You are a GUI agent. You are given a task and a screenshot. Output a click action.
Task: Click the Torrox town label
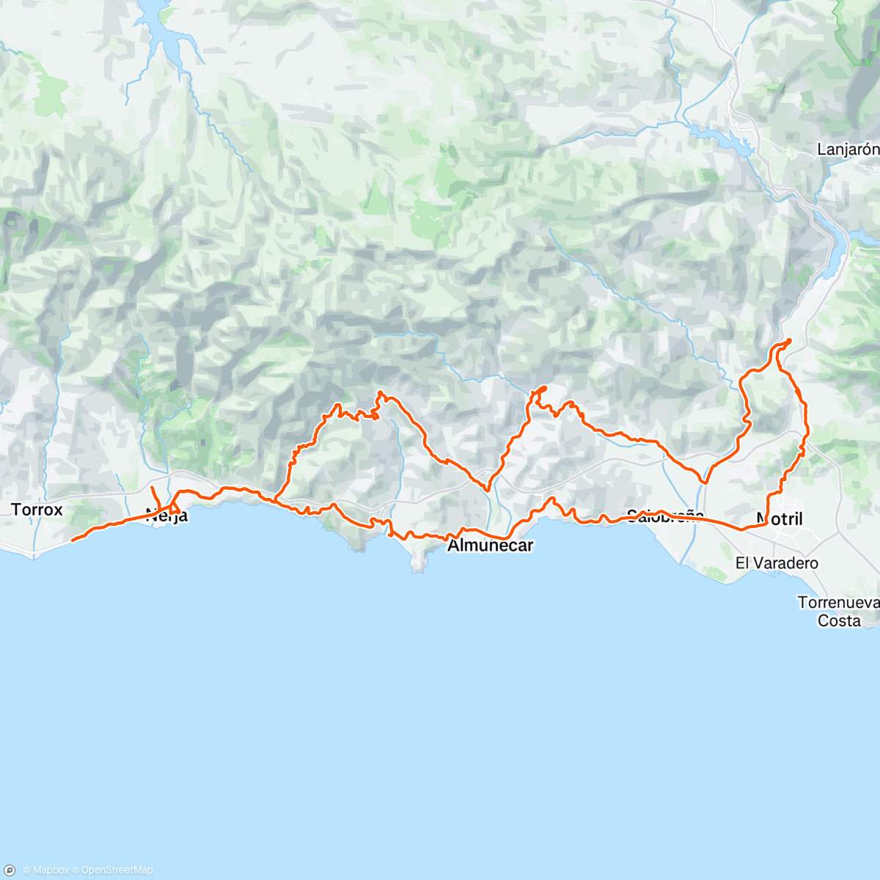(37, 509)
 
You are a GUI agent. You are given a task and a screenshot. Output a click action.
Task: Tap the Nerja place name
(166, 516)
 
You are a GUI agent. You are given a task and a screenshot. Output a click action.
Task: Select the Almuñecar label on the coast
(490, 546)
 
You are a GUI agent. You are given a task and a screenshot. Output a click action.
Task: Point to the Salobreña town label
(664, 516)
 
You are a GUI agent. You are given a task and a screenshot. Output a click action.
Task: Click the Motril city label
(780, 519)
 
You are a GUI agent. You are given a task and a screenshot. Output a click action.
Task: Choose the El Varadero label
(777, 563)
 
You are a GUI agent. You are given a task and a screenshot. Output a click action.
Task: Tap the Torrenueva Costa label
(838, 612)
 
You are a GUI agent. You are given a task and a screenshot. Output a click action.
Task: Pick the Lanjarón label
(848, 150)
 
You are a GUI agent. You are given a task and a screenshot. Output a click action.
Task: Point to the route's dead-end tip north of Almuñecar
(546, 387)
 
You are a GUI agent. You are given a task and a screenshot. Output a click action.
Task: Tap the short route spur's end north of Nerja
(152, 488)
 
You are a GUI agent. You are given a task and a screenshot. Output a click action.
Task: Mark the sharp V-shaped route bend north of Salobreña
(704, 483)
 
